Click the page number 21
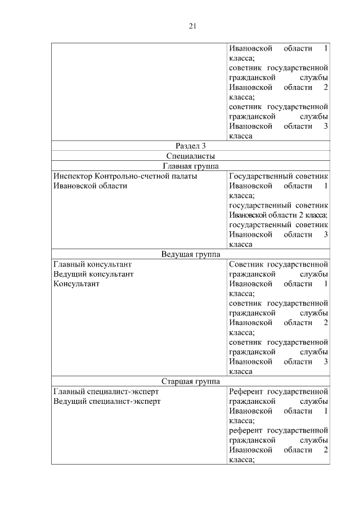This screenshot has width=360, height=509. coord(192,26)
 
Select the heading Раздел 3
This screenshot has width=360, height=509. coord(191,146)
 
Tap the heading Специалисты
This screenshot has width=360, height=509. coord(191,156)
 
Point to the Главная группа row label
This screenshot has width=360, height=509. coord(191,166)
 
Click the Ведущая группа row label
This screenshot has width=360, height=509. coord(191,254)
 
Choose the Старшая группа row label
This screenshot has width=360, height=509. coord(191,381)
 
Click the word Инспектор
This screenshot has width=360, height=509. coord(73,176)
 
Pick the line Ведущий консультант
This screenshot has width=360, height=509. coord(93,274)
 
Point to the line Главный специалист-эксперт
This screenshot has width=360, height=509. coord(106,391)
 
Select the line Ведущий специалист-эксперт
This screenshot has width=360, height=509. coord(106,401)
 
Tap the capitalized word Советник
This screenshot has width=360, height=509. coord(246,264)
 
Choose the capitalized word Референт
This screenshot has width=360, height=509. coord(246,391)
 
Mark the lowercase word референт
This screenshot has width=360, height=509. coord(246,430)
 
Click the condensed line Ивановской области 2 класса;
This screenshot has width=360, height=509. coord(278,215)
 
